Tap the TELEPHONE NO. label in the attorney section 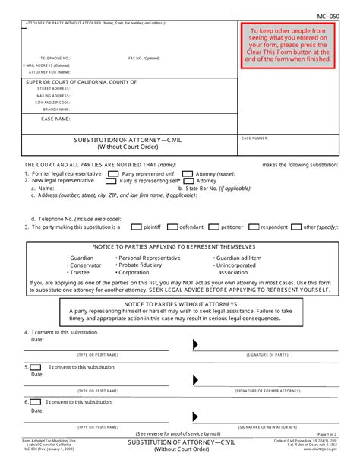[55, 58]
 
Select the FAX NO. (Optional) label [144, 58]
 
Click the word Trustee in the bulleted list [80, 271]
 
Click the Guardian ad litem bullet [242, 258]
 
